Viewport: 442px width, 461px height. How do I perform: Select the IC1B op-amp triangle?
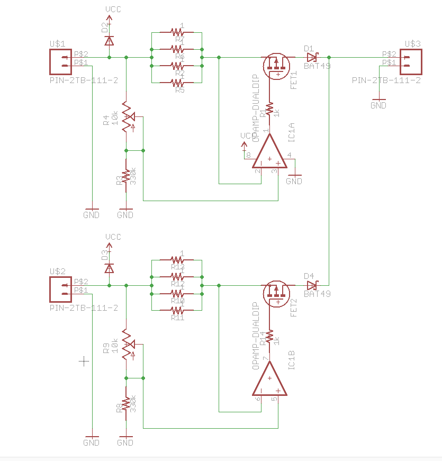pyautogui.click(x=269, y=379)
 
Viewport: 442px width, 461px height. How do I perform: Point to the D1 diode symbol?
pyautogui.click(x=312, y=57)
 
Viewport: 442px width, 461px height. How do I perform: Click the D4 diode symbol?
pyautogui.click(x=312, y=285)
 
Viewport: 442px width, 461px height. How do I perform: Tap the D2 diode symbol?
pyautogui.click(x=109, y=40)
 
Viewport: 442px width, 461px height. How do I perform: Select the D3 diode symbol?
pyautogui.click(x=109, y=268)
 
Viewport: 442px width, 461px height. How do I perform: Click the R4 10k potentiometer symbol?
pyautogui.click(x=127, y=116)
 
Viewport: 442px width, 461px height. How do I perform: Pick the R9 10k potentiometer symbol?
pyautogui.click(x=127, y=345)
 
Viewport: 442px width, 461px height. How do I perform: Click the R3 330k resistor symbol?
pyautogui.click(x=126, y=176)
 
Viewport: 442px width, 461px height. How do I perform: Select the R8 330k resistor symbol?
pyautogui.click(x=126, y=404)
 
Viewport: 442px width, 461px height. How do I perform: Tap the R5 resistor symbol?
pyautogui.click(x=177, y=83)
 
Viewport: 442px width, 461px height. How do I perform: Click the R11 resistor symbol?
pyautogui.click(x=177, y=311)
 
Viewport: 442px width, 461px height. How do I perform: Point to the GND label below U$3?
pyautogui.click(x=378, y=105)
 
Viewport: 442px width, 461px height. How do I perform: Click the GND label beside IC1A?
pyautogui.click(x=294, y=180)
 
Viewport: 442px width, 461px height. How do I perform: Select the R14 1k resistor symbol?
pyautogui.click(x=269, y=337)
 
